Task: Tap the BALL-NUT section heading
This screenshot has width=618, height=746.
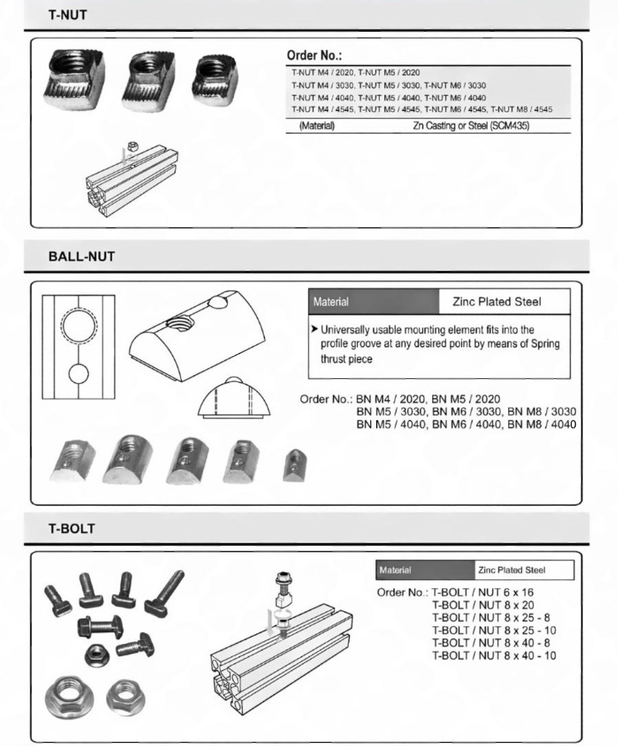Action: (x=81, y=257)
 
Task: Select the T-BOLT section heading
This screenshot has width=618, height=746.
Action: (x=72, y=528)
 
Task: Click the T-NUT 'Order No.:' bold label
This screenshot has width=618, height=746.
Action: (x=315, y=55)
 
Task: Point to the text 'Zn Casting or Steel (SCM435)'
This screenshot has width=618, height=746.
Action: (x=470, y=126)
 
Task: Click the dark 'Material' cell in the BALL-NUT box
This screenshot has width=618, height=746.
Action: (x=372, y=302)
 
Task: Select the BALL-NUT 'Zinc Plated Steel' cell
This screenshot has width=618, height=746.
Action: (x=497, y=302)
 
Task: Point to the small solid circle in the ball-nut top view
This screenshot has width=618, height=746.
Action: (x=79, y=374)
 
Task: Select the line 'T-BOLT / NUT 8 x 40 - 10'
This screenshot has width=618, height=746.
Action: (x=494, y=654)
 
